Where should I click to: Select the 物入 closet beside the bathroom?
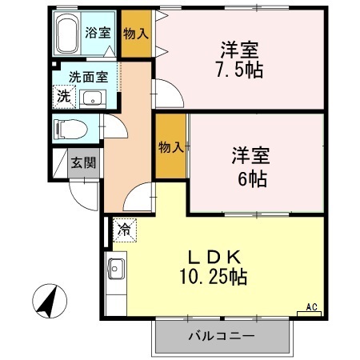tap(135, 34)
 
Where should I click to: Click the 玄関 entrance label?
tap(83, 164)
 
